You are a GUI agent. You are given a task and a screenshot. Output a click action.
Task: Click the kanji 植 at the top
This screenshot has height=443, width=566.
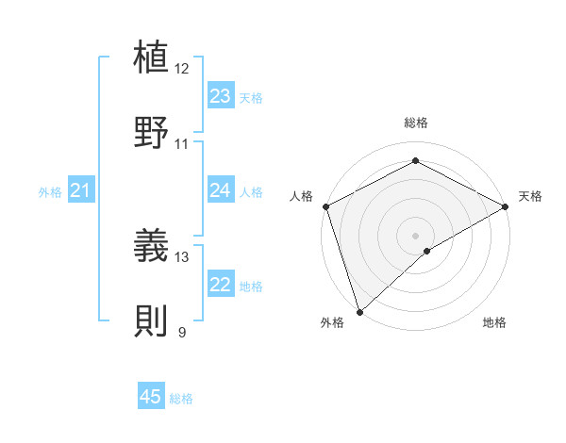(153, 57)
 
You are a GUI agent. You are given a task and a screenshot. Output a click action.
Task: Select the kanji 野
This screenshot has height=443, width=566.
(153, 132)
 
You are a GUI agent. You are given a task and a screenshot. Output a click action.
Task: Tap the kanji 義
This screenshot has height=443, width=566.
(153, 245)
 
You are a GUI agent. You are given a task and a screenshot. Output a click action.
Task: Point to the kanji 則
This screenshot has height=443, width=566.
(153, 320)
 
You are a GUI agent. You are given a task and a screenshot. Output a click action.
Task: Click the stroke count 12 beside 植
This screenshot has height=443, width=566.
(182, 69)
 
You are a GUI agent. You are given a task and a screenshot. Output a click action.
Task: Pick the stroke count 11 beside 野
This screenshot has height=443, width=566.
(182, 144)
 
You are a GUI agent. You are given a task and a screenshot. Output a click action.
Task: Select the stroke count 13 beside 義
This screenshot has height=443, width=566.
(182, 256)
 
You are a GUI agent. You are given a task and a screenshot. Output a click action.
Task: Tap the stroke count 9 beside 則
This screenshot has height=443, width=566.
(182, 332)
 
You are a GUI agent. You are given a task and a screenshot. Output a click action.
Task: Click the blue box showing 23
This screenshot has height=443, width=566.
(220, 96)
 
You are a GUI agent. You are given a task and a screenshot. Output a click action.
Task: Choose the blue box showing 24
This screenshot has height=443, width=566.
(220, 190)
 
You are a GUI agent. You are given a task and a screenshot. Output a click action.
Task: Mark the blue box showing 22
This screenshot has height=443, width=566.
(220, 285)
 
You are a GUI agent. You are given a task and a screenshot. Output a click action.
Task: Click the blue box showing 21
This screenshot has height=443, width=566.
(80, 191)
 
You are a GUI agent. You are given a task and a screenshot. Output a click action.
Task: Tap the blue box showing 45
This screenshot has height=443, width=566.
(151, 397)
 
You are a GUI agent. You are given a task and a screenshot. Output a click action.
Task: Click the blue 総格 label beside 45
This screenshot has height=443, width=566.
(181, 399)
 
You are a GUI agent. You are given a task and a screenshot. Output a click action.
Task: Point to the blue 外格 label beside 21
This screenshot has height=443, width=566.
(50, 192)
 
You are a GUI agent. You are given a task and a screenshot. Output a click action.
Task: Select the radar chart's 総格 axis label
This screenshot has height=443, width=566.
(415, 123)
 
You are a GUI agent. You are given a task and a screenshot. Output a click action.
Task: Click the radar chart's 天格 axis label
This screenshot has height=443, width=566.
(531, 196)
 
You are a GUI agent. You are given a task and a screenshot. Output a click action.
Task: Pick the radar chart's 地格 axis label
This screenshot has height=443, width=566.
(494, 322)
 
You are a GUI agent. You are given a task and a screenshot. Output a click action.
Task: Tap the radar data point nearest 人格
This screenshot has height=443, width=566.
(325, 206)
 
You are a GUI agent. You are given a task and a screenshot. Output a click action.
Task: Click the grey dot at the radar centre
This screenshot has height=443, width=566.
(415, 235)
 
